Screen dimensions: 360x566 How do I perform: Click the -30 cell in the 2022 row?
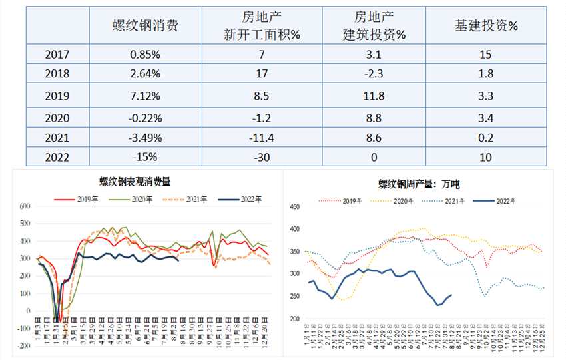262,158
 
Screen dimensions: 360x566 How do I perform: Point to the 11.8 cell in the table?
374,96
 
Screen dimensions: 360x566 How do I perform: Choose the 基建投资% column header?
487,25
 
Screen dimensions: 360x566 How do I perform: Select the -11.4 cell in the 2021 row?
262,138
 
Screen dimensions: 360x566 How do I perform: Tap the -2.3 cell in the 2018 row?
374,75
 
